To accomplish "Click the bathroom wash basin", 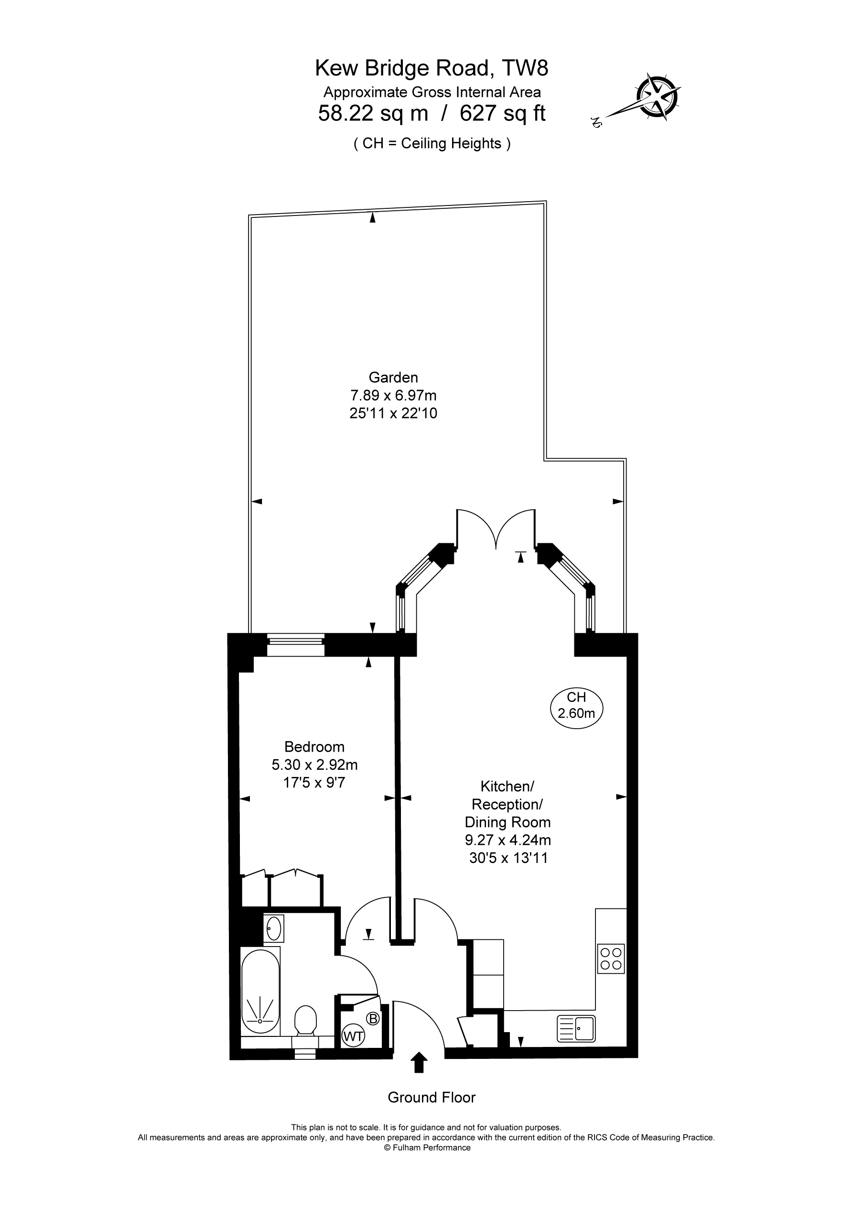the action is (x=273, y=928).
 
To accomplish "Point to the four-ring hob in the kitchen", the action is (x=611, y=959).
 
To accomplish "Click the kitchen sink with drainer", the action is (x=576, y=1029).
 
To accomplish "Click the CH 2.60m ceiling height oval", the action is (x=576, y=708).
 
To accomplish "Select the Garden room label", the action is (x=393, y=377).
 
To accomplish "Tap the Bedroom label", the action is (x=314, y=746).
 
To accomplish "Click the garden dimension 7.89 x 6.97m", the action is (x=393, y=395).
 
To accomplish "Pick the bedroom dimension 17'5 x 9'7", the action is (x=314, y=783).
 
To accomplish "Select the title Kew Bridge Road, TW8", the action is (x=431, y=68).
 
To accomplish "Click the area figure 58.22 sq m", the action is (x=373, y=113).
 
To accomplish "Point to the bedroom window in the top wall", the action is (x=295, y=645).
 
